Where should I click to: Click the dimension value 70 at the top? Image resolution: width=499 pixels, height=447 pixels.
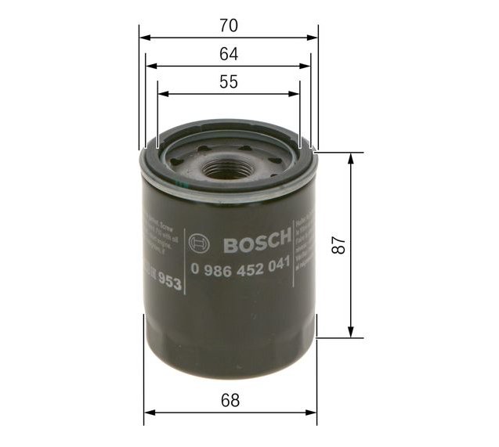228,26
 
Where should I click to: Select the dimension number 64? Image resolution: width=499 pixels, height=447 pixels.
228,55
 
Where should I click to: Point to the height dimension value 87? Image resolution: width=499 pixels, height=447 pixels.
338,243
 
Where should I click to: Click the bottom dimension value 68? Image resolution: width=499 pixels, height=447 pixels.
229,400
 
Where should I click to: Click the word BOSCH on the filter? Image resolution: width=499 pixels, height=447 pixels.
257,245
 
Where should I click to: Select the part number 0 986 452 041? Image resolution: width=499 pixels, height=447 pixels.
241,267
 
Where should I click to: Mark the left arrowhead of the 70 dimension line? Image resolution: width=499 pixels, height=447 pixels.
144,37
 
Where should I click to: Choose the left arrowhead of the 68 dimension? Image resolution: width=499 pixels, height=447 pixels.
149,412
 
